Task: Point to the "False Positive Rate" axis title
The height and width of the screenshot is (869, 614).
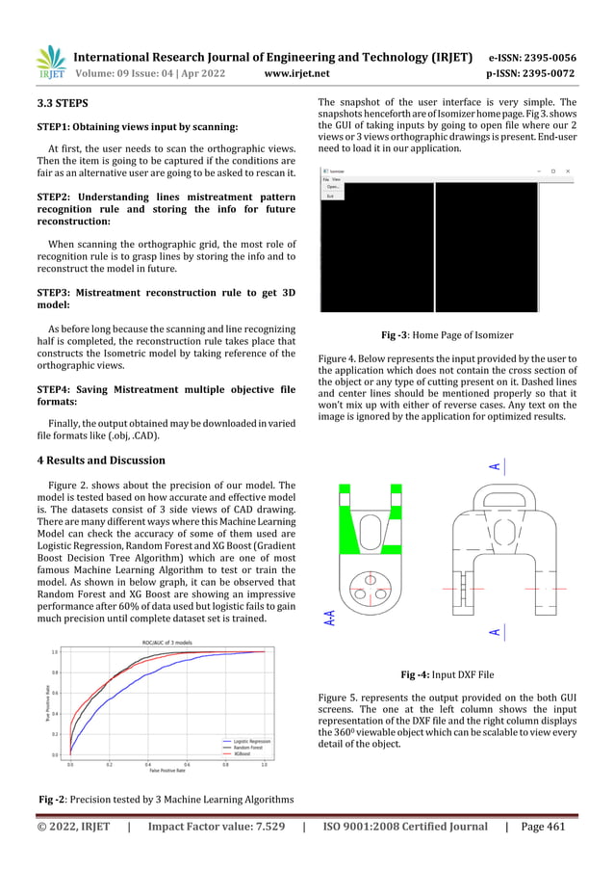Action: [166, 771]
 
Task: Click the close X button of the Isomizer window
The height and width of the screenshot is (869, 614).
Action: [569, 171]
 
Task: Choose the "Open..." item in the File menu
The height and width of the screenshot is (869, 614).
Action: [333, 187]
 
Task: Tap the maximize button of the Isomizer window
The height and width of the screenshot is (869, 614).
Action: [552, 171]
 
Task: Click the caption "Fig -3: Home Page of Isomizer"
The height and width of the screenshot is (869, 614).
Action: [447, 335]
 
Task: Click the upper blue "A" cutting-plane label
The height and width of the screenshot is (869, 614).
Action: [494, 466]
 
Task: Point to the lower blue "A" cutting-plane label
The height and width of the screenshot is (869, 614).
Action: [494, 632]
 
